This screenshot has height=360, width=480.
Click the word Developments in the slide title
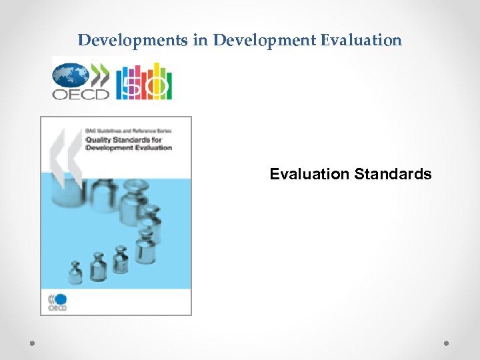[133, 40]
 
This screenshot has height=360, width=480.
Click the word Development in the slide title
[265, 40]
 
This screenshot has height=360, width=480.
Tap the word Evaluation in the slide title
[361, 40]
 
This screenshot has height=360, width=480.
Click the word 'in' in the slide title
[200, 40]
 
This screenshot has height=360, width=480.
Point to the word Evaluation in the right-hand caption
[309, 175]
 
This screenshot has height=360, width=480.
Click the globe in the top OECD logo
[70, 74]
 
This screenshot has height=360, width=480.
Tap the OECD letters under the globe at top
[81, 94]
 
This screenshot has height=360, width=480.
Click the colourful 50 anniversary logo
[144, 82]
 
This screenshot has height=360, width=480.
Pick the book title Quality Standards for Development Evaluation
[128, 143]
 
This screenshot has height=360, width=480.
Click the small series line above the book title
[127, 131]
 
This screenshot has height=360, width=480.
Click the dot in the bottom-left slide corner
[32, 343]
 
